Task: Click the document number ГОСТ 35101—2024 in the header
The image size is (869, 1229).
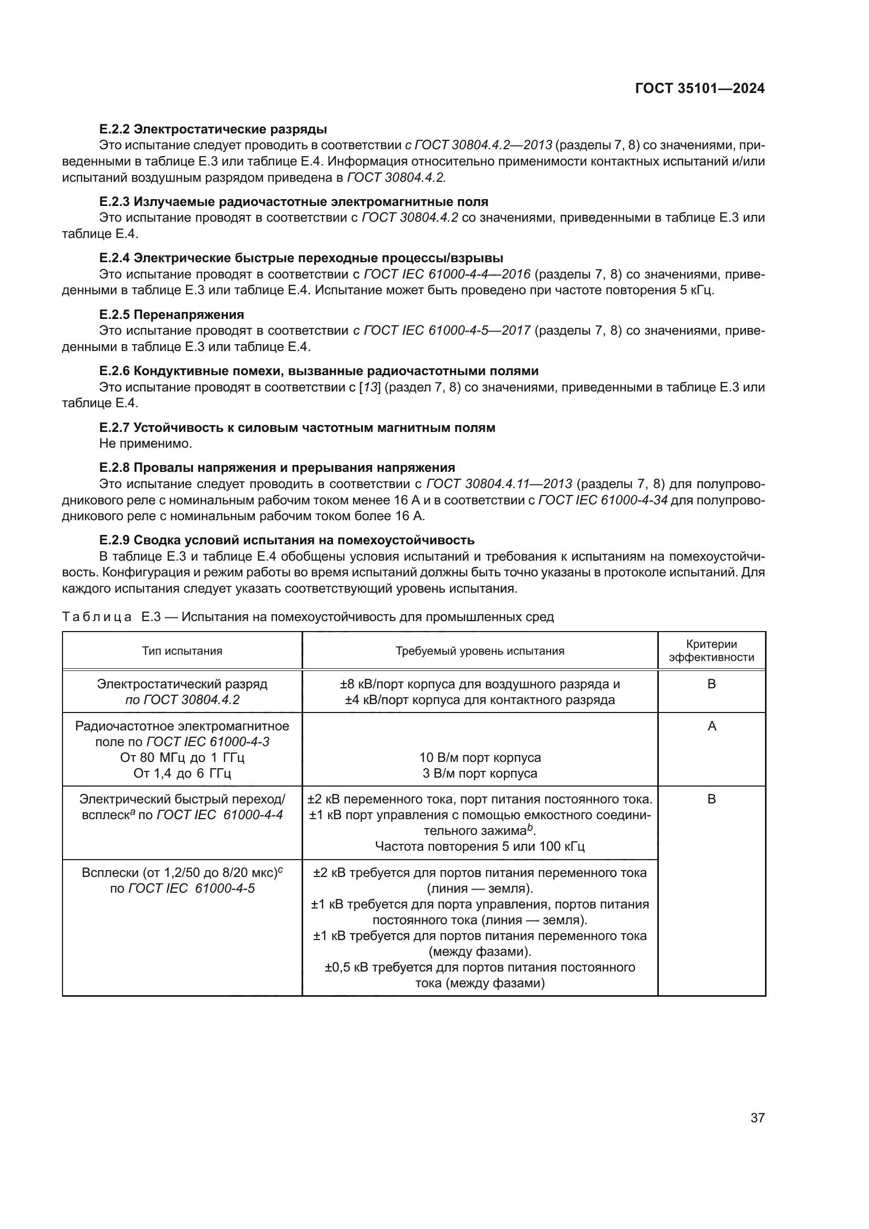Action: [x=699, y=89]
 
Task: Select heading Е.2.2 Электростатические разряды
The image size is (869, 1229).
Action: [x=213, y=129]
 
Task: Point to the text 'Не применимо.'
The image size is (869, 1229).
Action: [x=146, y=443]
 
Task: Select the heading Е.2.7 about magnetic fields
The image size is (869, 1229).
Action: [x=297, y=427]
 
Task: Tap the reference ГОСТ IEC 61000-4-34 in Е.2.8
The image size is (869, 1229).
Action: [x=603, y=501]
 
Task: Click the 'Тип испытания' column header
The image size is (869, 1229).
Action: [x=182, y=651]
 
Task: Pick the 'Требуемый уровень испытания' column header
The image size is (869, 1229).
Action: [x=480, y=651]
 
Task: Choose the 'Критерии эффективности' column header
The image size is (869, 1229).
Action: [x=711, y=651]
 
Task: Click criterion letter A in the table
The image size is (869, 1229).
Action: [x=712, y=726]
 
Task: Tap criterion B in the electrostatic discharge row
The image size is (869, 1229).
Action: [x=711, y=684]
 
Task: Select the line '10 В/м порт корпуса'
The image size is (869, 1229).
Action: [x=480, y=758]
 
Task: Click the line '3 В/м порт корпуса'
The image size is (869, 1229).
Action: [x=480, y=773]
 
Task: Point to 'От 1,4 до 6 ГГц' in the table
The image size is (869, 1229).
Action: [x=182, y=773]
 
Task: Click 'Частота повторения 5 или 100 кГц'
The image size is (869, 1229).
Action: [x=480, y=846]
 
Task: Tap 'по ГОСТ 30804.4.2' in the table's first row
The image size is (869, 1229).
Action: [x=182, y=699]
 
